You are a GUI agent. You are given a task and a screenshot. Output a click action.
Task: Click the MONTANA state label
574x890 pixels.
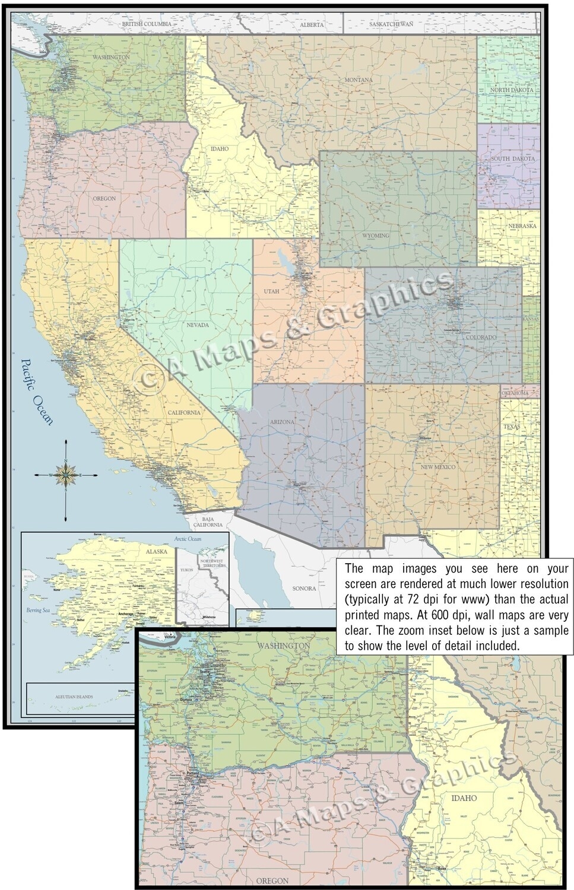[359, 80]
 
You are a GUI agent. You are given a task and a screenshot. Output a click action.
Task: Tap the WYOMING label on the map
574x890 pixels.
[375, 236]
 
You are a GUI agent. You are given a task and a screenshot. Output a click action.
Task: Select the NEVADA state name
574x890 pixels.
[198, 325]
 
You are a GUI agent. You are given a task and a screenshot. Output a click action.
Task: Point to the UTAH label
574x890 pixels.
[271, 291]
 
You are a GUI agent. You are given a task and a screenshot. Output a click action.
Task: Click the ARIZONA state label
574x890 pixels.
[282, 422]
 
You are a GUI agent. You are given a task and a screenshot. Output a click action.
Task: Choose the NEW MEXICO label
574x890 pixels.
[438, 467]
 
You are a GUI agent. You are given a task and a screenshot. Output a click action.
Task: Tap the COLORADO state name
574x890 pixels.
[482, 337]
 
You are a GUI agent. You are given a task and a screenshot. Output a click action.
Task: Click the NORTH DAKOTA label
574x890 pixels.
[511, 90]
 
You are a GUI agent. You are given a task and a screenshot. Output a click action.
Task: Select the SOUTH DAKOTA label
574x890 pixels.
[512, 159]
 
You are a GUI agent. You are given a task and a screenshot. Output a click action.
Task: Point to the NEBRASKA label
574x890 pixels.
[522, 226]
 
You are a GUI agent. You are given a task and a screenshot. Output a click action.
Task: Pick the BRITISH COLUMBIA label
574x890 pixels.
[145, 23]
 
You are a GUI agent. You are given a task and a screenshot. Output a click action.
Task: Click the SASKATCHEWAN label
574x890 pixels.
[391, 24]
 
